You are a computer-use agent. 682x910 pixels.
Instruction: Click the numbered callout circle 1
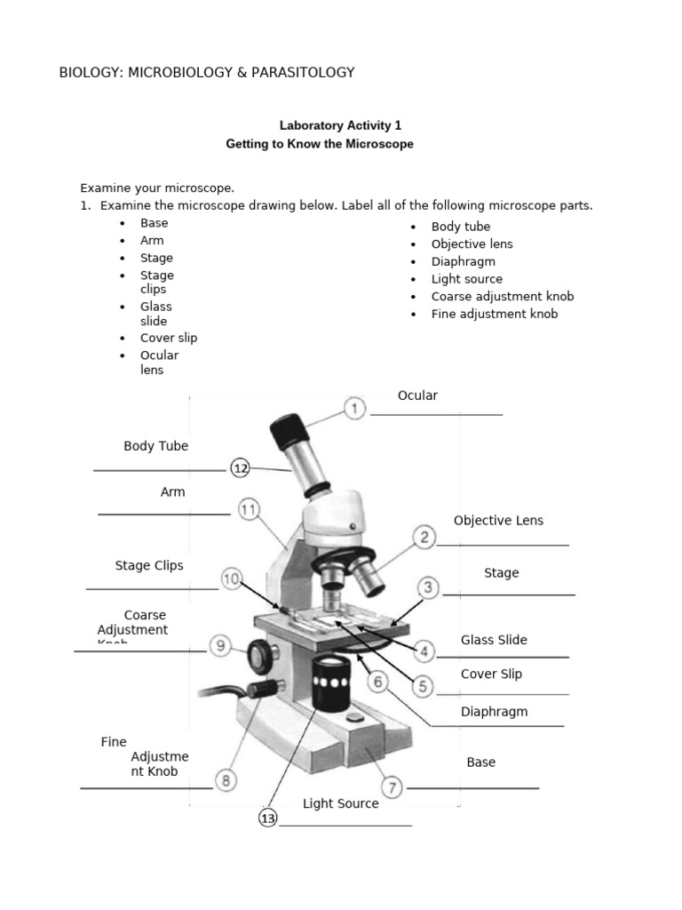click(354, 409)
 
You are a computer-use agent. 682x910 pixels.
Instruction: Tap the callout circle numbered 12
click(241, 467)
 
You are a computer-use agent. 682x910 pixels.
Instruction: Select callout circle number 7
click(392, 787)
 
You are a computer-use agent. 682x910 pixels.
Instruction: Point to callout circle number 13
click(268, 818)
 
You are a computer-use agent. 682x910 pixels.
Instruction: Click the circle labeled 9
click(221, 647)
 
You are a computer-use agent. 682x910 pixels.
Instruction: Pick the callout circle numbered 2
click(424, 537)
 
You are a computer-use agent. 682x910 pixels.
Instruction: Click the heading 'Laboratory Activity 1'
click(334, 126)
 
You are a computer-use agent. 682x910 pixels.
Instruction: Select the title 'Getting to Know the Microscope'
click(320, 144)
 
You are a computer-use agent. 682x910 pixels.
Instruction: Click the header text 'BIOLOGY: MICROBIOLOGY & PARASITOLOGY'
click(206, 73)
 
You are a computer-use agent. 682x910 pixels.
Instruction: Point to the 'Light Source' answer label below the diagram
click(340, 803)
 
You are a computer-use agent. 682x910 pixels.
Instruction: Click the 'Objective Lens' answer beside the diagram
click(498, 521)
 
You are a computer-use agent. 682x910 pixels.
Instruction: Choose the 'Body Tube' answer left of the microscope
click(156, 446)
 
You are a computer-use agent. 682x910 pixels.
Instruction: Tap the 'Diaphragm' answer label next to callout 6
click(494, 712)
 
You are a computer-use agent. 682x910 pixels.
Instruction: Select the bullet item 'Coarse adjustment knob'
click(503, 297)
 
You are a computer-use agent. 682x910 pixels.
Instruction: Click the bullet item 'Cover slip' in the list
click(169, 338)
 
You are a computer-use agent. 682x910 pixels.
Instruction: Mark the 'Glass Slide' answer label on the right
click(494, 640)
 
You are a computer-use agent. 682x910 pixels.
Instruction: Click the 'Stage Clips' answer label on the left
click(149, 565)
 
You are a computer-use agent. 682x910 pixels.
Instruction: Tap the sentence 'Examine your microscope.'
click(157, 188)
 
